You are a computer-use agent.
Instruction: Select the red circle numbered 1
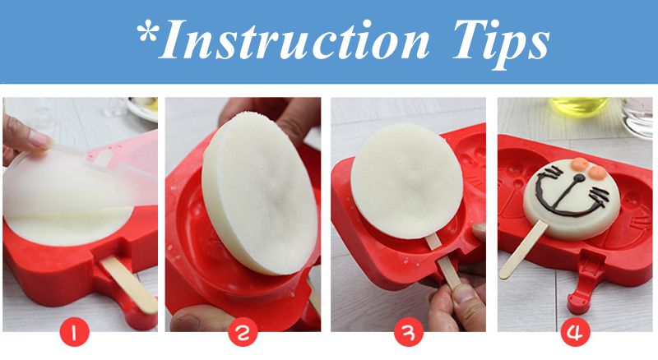(x=75, y=331)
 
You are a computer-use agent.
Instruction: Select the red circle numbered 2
(x=243, y=331)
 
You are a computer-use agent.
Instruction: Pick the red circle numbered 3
(x=409, y=331)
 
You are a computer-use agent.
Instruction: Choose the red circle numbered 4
(x=575, y=331)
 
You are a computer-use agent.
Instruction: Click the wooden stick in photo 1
(x=129, y=284)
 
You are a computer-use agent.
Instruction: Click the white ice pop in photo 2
(x=259, y=193)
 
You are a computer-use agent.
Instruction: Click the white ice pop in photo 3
(x=407, y=181)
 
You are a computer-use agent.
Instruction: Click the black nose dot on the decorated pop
(x=579, y=178)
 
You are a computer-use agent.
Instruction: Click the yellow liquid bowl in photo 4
(x=579, y=106)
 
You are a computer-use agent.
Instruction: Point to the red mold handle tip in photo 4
(x=577, y=303)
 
